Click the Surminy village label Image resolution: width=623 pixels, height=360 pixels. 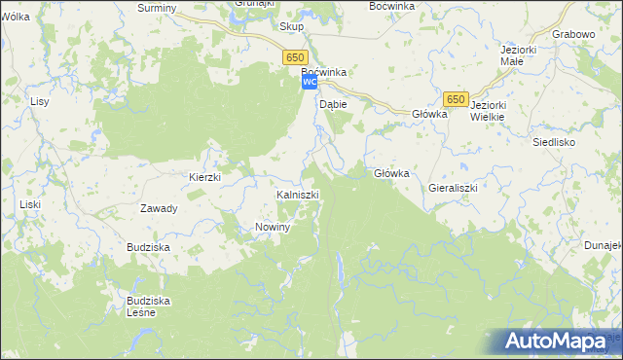click(x=157, y=8)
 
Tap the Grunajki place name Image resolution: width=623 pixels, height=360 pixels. click(x=253, y=3)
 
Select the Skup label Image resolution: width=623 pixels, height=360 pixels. click(x=291, y=27)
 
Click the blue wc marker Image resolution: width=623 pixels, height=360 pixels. click(x=309, y=84)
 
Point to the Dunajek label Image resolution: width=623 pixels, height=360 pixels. click(x=605, y=246)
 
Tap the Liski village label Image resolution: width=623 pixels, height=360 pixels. click(x=30, y=204)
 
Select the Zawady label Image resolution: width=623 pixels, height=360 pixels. click(x=159, y=208)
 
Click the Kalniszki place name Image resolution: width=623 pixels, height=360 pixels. click(x=298, y=196)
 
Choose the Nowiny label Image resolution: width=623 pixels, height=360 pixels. click(x=274, y=227)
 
